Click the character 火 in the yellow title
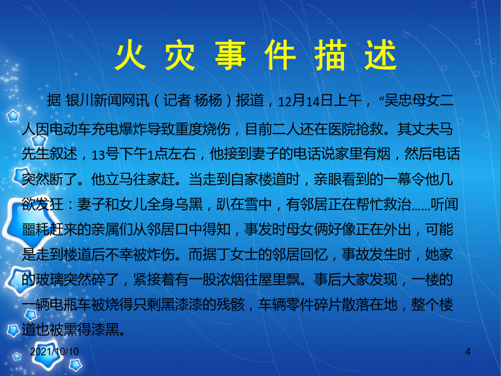click(131, 55)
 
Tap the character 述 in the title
click(381, 55)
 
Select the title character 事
click(230, 55)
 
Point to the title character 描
click(330, 55)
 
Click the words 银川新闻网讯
click(107, 101)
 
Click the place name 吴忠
click(398, 101)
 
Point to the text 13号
click(105, 154)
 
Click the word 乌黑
click(189, 204)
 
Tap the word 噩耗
click(36, 229)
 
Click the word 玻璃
click(50, 280)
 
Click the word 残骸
click(230, 304)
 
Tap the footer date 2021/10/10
click(55, 351)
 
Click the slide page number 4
click(468, 351)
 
